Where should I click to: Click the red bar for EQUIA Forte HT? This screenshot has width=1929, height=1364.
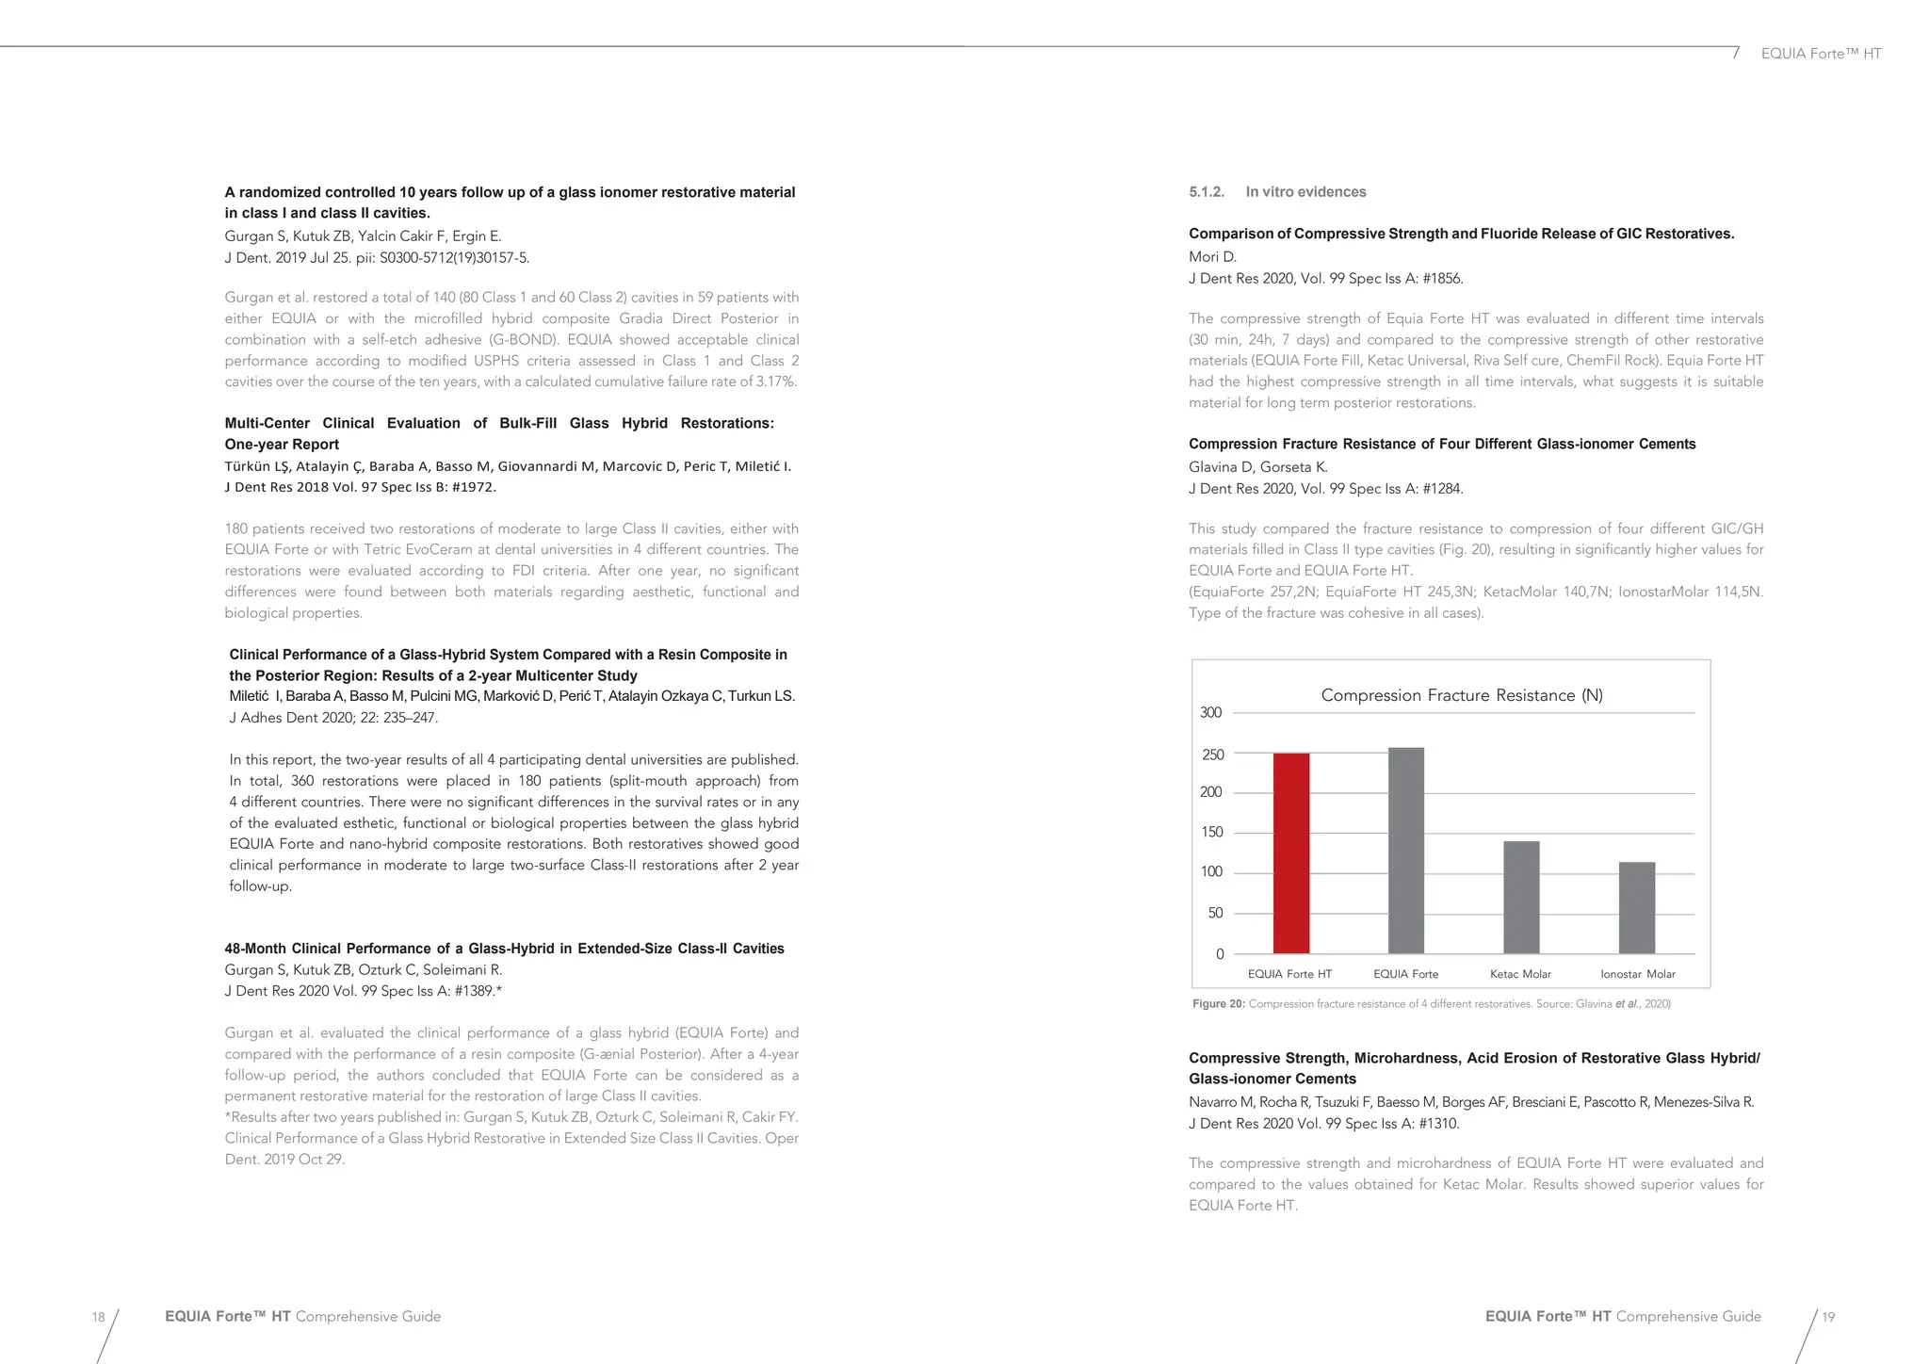[1290, 852]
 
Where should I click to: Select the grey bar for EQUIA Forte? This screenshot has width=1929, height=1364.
[1405, 850]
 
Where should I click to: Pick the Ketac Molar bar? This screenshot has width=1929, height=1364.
[1521, 897]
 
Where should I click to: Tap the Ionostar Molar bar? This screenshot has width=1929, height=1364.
[1636, 907]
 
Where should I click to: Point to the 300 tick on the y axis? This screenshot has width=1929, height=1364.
[1210, 713]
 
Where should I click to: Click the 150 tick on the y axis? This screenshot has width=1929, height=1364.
[1211, 833]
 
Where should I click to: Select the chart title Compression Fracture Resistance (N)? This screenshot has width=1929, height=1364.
[1461, 695]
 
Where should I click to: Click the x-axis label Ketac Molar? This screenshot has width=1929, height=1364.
[1520, 974]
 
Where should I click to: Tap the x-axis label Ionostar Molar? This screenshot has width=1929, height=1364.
[1637, 974]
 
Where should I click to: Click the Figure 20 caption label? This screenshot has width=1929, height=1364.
[1218, 1004]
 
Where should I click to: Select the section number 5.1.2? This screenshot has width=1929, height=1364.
[1206, 192]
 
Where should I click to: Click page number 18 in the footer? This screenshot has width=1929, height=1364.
[98, 1317]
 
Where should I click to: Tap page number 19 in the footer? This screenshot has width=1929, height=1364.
[1827, 1317]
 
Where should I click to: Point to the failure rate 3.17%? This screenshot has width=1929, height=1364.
[776, 382]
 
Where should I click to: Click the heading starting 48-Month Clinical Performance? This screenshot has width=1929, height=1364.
[504, 949]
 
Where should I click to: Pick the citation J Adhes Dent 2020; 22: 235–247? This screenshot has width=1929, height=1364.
[333, 718]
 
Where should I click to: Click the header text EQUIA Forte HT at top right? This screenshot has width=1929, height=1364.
[1821, 54]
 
